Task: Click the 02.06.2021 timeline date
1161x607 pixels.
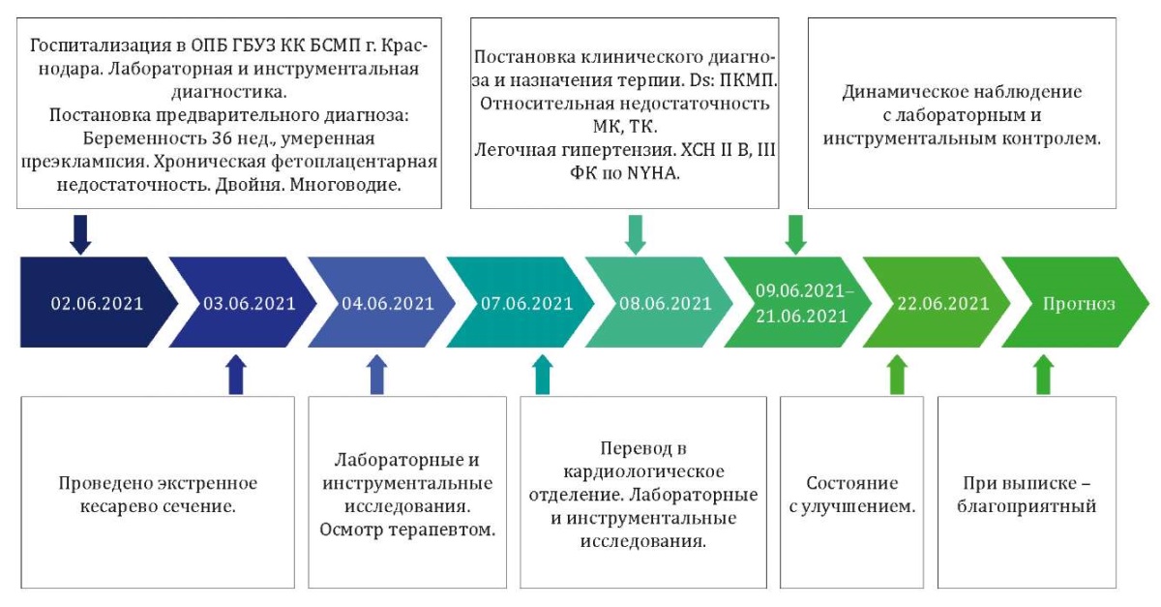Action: click(x=97, y=303)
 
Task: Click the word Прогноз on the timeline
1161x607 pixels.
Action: click(x=1079, y=303)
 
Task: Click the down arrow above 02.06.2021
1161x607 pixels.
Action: click(x=81, y=233)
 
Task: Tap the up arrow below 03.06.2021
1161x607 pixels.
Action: click(x=234, y=375)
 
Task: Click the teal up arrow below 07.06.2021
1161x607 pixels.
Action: click(x=542, y=375)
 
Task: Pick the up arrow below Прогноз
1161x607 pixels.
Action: click(x=1042, y=375)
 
